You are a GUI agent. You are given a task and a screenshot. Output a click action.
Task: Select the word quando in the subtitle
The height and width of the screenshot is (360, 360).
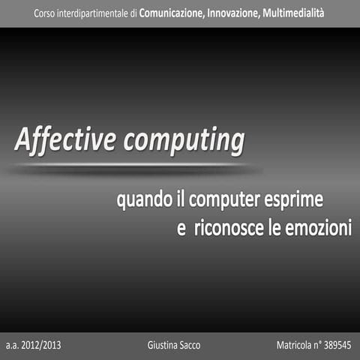(139, 200)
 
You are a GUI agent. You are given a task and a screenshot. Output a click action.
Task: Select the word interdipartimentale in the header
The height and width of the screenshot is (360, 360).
(96, 13)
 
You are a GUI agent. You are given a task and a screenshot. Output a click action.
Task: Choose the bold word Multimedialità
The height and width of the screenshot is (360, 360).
(298, 13)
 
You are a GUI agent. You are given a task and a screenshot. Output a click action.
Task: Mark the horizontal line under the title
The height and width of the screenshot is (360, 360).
(131, 166)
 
